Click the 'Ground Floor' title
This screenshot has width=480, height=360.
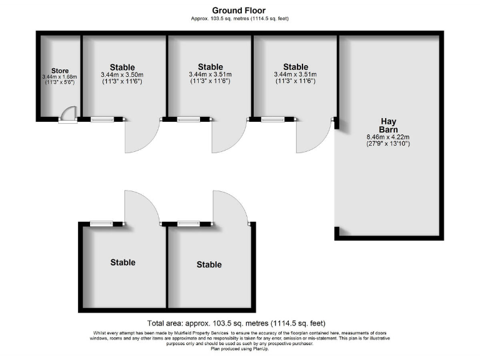tap(239, 10)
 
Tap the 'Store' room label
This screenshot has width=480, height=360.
tap(60, 71)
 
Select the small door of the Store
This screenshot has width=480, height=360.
tap(67, 116)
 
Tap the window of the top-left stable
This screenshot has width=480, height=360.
tap(102, 119)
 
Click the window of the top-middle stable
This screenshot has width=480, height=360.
tap(189, 119)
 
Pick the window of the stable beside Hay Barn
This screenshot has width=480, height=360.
tap(272, 119)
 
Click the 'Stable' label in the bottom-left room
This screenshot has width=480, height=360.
tap(122, 262)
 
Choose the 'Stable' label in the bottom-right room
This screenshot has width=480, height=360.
tap(209, 264)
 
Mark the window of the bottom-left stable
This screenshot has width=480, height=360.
tap(102, 223)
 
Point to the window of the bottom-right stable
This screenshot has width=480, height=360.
tap(189, 223)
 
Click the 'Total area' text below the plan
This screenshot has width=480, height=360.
tap(236, 324)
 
